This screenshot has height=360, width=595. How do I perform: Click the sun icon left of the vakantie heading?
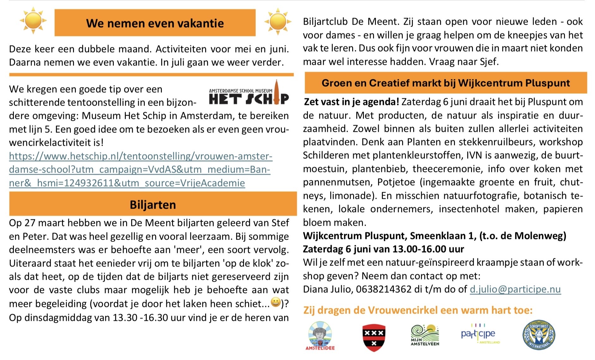coord(33,21)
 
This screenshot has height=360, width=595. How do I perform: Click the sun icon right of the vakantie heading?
coord(278,21)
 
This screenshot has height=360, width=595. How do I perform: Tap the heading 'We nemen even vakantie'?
coord(155,23)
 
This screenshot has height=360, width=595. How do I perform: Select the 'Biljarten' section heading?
coord(153,204)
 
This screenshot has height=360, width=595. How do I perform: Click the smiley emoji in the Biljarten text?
coord(276,303)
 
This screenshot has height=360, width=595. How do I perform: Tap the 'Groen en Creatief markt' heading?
coord(445,83)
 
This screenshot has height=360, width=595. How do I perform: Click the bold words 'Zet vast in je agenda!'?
coord(351,102)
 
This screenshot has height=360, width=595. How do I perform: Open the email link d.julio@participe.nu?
coord(515,289)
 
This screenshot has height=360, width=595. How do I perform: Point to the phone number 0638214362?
coord(383,289)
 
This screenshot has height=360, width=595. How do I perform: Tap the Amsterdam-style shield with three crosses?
coord(374,337)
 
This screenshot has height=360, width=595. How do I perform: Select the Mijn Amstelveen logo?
coord(425,335)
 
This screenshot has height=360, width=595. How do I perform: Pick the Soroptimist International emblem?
coord(539,335)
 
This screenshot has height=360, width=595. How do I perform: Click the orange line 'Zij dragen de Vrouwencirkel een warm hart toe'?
coord(418,310)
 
